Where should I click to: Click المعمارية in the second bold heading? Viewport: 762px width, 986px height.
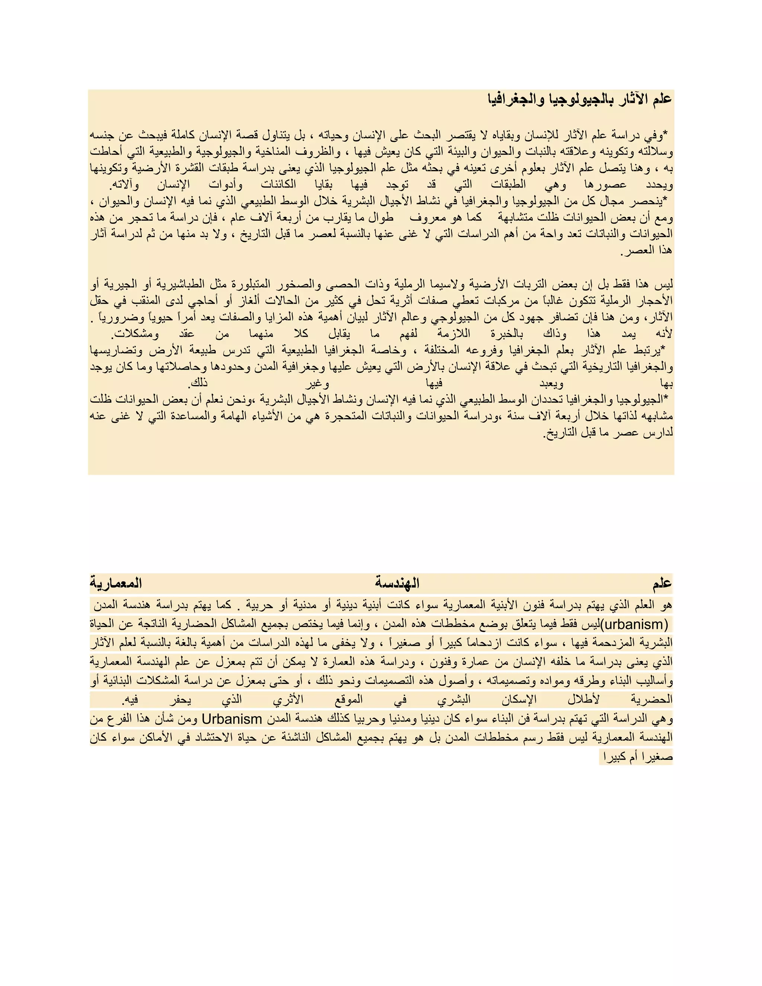116,583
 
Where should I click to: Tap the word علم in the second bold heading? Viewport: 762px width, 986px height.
662,583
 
